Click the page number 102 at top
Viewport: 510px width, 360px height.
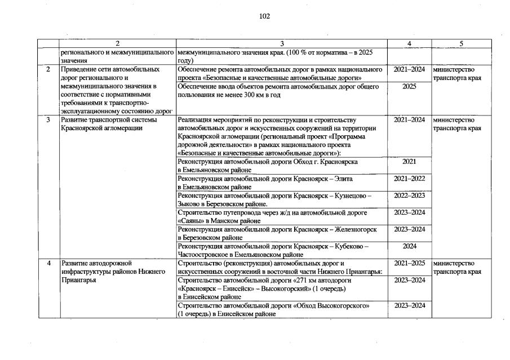[264, 16]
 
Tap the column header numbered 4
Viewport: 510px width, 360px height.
[409, 43]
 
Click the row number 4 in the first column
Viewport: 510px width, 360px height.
[49, 263]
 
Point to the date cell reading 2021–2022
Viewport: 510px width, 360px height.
[409, 179]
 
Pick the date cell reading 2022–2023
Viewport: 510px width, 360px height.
[409, 195]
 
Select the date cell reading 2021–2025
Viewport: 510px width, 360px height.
[409, 263]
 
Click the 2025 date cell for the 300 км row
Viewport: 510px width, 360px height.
[409, 86]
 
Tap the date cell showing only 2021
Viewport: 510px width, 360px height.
[409, 162]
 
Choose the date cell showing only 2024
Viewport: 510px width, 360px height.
[409, 246]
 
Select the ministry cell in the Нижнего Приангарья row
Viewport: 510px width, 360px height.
[457, 267]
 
